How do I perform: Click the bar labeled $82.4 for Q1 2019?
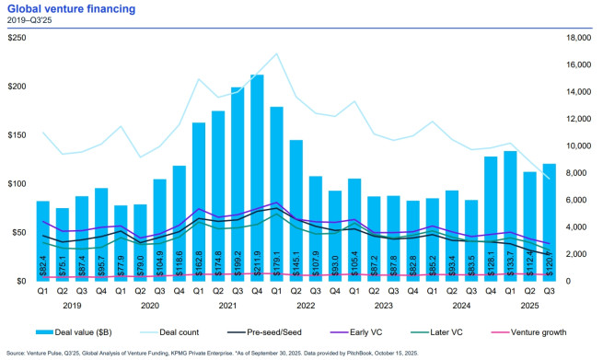43,240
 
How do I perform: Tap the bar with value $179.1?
274,193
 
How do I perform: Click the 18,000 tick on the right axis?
575,38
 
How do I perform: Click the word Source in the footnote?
18,352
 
